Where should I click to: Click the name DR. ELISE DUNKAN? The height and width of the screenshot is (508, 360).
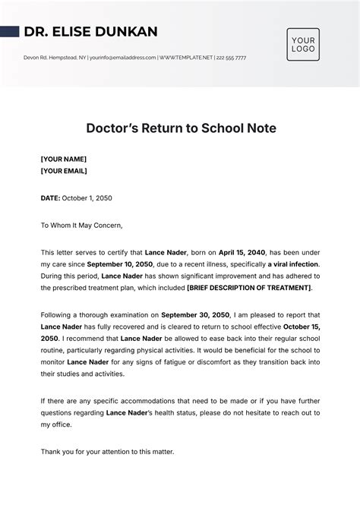tap(90, 32)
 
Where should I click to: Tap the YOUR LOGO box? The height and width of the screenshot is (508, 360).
tap(303, 44)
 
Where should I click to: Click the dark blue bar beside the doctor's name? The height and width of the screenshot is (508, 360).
tap(9, 32)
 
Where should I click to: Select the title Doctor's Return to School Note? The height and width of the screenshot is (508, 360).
tap(179, 128)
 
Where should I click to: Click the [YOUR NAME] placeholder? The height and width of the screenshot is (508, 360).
tap(64, 159)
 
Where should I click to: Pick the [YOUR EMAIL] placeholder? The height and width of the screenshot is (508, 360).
tap(64, 171)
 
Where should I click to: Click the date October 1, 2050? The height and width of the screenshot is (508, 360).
tap(87, 198)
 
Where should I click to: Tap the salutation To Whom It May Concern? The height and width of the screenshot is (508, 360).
tap(81, 225)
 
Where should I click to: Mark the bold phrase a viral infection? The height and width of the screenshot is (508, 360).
tap(292, 264)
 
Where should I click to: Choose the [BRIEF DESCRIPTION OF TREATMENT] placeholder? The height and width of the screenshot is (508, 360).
tap(249, 288)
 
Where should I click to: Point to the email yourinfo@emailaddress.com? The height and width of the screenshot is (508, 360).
tap(123, 58)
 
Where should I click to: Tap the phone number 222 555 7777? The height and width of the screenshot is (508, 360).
tap(232, 58)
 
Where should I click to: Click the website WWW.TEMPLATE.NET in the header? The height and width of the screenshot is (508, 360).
tap(185, 58)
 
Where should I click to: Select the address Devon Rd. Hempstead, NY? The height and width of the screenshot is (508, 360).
tap(55, 58)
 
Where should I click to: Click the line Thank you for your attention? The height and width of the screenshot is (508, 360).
tap(107, 452)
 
